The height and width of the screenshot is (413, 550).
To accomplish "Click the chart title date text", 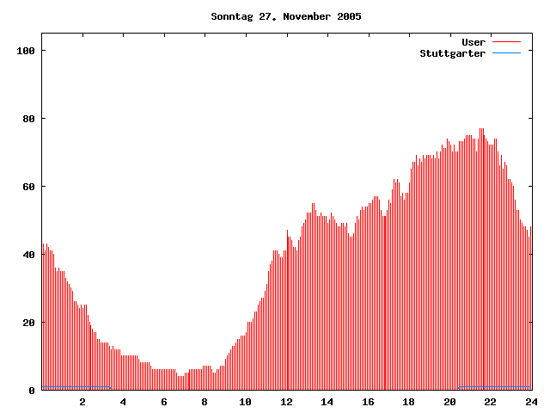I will point(286,16).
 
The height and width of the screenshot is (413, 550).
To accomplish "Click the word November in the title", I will point(307,16).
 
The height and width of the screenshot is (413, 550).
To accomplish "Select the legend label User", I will point(474,42).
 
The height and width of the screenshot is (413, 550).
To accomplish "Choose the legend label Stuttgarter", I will point(452,53).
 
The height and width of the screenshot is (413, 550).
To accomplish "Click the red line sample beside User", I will point(507,42).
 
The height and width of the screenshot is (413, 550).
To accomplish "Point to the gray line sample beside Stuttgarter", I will point(507,53).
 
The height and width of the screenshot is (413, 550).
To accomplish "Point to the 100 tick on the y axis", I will point(25,51).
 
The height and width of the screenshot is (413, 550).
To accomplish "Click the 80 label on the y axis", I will point(27,119).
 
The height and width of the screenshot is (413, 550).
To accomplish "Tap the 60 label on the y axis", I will point(27,187).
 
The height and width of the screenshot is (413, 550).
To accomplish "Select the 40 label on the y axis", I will point(27,255).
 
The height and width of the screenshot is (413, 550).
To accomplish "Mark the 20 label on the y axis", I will point(27,323).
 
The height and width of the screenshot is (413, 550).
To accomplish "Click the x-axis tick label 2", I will point(82,402).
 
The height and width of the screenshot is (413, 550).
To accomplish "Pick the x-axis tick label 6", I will point(164,402).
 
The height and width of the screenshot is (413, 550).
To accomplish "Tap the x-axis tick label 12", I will point(286,402).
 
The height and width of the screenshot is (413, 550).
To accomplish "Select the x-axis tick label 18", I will point(409,402).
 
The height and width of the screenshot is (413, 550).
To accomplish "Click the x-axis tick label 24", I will point(531,402).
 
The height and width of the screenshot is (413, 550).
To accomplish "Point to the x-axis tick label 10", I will point(246,402).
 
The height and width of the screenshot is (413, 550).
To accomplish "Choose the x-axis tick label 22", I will point(491,402).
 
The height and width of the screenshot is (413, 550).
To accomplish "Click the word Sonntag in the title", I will point(232,16).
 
